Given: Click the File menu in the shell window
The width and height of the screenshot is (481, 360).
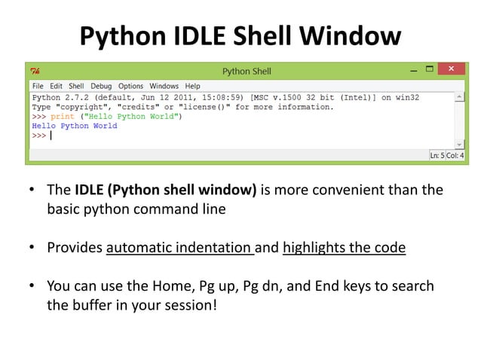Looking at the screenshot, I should tap(37, 86).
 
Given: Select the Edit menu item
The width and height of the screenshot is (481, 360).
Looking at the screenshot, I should tap(56, 86).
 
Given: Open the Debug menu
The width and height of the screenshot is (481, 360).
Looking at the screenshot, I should tap(101, 86).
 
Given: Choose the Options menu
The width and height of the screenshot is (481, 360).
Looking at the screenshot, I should tap(130, 86).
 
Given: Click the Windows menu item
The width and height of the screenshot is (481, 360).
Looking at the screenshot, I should tap(164, 86).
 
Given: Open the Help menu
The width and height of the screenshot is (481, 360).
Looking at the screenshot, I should tap(192, 86).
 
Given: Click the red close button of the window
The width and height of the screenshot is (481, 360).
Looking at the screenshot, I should tap(451, 70).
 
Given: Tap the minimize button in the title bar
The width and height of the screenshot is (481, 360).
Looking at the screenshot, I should tap(412, 70).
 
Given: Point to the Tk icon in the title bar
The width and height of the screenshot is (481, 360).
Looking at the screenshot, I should tap(35, 72).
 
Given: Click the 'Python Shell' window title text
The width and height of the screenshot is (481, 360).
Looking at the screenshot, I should tap(247, 72).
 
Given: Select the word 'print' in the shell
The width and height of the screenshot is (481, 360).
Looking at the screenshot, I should tap(63, 117).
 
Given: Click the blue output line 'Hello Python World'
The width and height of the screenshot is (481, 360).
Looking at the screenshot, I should tap(75, 126).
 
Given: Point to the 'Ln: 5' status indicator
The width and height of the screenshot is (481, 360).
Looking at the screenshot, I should tap(437, 155).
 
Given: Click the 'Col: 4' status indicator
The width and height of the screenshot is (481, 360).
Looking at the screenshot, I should tap(455, 155).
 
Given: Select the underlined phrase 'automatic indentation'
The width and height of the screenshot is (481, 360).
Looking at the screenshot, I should tap(179, 247).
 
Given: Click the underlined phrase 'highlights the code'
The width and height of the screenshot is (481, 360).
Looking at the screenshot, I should tap(344, 247).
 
